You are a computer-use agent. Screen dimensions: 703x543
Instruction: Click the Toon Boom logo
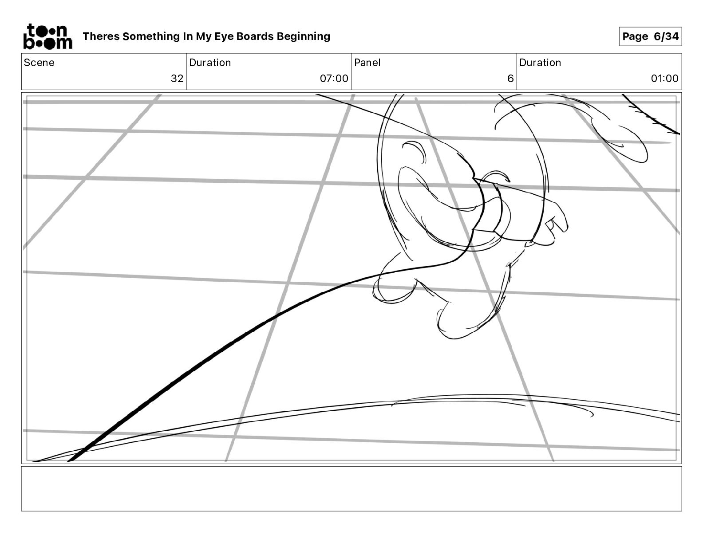click(x=47, y=36)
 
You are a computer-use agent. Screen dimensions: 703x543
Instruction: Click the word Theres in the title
click(x=101, y=36)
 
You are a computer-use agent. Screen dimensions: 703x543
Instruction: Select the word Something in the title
click(x=151, y=36)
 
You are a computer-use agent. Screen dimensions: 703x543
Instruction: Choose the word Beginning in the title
click(x=304, y=36)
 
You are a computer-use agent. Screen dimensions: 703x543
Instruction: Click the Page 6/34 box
click(x=650, y=36)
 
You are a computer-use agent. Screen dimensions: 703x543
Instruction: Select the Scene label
click(x=39, y=63)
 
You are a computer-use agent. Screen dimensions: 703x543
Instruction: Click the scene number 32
click(x=177, y=79)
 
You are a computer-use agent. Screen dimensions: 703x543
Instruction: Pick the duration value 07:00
click(x=334, y=79)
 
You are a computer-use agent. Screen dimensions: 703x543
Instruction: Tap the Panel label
click(x=367, y=63)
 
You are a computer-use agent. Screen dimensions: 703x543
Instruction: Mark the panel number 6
click(x=510, y=79)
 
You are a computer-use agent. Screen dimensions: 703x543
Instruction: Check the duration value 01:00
click(x=664, y=79)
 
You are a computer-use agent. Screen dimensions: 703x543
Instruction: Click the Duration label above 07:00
click(x=210, y=63)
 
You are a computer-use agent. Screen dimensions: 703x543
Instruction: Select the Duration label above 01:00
click(x=540, y=63)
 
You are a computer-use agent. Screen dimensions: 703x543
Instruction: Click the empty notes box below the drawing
click(x=351, y=488)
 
